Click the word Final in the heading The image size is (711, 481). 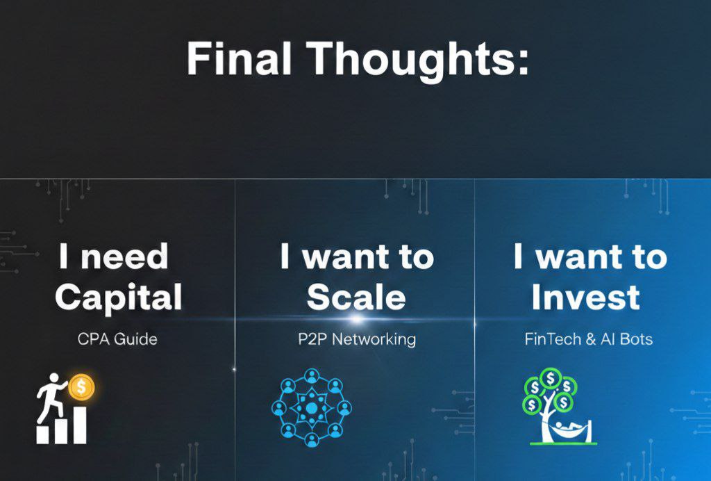point(239,58)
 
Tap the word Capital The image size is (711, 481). point(118,297)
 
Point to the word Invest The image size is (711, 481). point(585,296)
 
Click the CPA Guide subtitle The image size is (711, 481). point(117,339)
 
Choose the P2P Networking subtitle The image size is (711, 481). point(357,339)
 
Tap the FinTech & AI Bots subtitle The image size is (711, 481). point(589,339)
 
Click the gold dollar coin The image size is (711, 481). point(82,387)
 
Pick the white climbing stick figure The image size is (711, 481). point(51,397)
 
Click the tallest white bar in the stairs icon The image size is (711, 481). point(79,425)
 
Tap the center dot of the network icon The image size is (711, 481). point(312,409)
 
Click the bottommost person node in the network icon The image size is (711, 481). point(312,439)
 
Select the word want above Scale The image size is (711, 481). point(346,257)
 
